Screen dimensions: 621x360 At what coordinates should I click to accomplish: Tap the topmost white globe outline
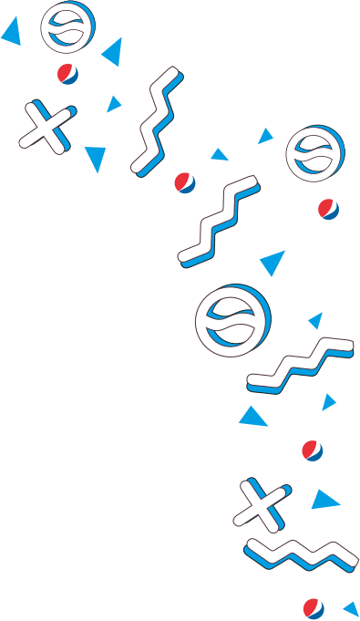click(67, 27)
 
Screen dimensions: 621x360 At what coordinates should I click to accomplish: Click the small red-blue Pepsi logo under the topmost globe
click(67, 74)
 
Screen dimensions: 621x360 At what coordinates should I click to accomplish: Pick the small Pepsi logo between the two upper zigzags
click(185, 182)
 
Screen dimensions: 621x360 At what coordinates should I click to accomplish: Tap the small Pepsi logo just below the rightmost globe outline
click(329, 209)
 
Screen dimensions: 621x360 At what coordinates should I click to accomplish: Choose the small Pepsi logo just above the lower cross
click(313, 450)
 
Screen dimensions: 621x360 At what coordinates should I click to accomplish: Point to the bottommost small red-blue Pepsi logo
click(314, 608)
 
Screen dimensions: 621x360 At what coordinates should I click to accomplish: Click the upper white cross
click(46, 127)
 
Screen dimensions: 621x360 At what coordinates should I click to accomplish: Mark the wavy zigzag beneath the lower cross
click(301, 552)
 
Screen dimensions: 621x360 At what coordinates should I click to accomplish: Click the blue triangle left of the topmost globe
click(12, 34)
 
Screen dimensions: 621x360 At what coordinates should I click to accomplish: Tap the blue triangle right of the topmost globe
click(113, 53)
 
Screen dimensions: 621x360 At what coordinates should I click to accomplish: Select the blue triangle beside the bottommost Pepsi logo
click(352, 608)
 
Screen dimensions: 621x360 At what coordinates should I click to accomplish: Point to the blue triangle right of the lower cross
click(324, 500)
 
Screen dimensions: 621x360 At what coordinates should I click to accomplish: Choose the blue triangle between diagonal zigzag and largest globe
click(273, 264)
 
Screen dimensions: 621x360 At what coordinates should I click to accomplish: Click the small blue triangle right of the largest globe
click(316, 320)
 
